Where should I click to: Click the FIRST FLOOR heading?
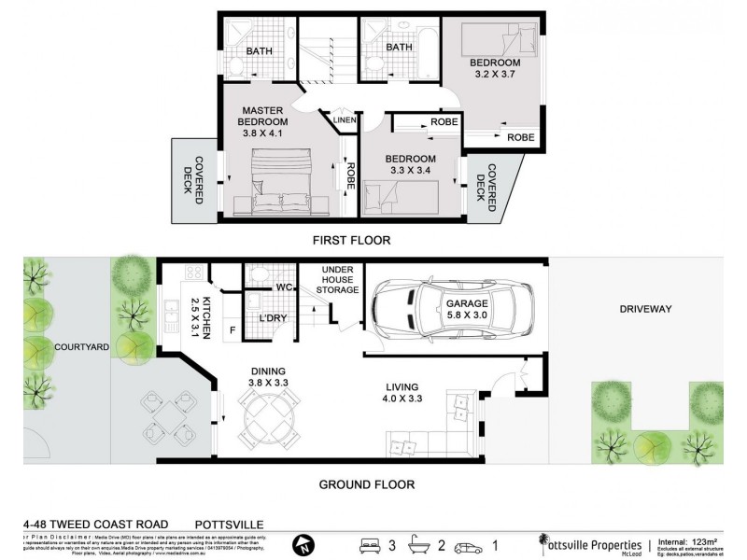tap(351, 240)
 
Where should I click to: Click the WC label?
tap(284, 287)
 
